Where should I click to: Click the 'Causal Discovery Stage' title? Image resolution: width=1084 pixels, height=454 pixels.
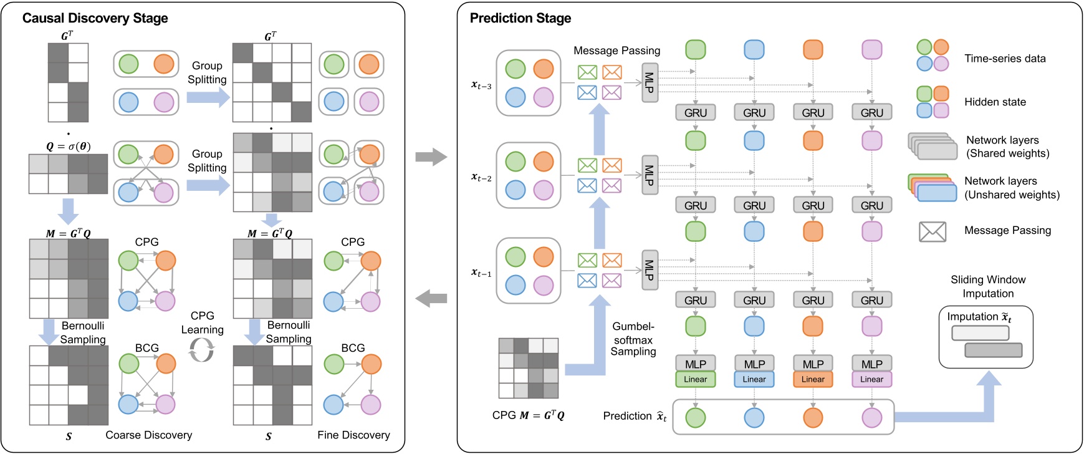pyautogui.click(x=95, y=18)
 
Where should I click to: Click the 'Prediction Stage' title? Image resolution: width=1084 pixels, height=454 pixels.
pyautogui.click(x=520, y=18)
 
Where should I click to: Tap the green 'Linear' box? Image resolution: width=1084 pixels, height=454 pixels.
pyautogui.click(x=695, y=379)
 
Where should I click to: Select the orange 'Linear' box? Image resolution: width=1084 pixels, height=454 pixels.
pyautogui.click(x=812, y=379)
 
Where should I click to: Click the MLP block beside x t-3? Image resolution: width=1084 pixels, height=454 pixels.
pyautogui.click(x=650, y=82)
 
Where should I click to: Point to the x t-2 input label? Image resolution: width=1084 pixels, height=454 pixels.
pyautogui.click(x=481, y=177)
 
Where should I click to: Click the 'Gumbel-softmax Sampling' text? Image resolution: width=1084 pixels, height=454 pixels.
pyautogui.click(x=633, y=339)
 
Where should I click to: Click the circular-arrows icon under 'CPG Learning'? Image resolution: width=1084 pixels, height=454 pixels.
pyautogui.click(x=201, y=349)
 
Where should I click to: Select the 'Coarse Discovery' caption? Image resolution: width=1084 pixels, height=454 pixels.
pyautogui.click(x=148, y=435)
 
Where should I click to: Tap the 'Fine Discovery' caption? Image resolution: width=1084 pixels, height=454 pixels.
pyautogui.click(x=353, y=435)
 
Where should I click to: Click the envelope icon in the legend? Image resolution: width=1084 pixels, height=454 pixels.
pyautogui.click(x=932, y=231)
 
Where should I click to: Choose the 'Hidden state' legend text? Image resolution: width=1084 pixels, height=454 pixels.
pyautogui.click(x=994, y=102)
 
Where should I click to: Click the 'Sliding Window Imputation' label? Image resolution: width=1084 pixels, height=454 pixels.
pyautogui.click(x=987, y=286)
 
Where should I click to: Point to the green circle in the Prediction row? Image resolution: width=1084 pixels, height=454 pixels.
pyautogui.click(x=695, y=417)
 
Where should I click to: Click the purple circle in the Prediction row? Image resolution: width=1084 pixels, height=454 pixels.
pyautogui.click(x=871, y=417)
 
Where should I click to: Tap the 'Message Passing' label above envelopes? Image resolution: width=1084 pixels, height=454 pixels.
pyautogui.click(x=616, y=51)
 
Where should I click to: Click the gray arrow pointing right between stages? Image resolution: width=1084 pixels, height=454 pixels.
pyautogui.click(x=431, y=157)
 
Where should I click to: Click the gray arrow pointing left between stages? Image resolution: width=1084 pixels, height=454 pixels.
pyautogui.click(x=431, y=299)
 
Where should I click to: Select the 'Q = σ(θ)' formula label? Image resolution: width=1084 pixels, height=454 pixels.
pyautogui.click(x=68, y=147)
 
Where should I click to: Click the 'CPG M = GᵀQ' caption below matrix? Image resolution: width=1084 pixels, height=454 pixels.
pyautogui.click(x=528, y=415)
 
